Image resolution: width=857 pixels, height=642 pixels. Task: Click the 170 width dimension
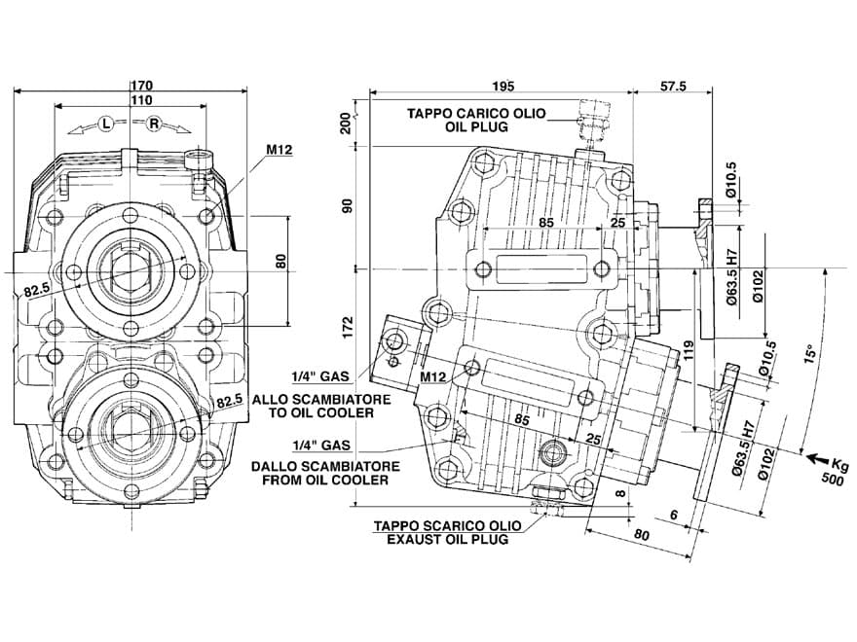[141, 86]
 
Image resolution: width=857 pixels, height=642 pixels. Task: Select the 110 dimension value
[141, 100]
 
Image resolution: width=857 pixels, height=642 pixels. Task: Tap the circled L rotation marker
[105, 125]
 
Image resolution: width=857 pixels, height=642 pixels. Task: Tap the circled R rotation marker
[154, 125]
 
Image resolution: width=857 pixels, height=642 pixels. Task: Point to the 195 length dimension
[503, 87]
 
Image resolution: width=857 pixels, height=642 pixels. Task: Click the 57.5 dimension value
[673, 87]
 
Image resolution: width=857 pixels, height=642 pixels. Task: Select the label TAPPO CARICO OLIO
[476, 114]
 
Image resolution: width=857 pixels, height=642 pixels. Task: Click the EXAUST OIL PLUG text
[448, 539]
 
